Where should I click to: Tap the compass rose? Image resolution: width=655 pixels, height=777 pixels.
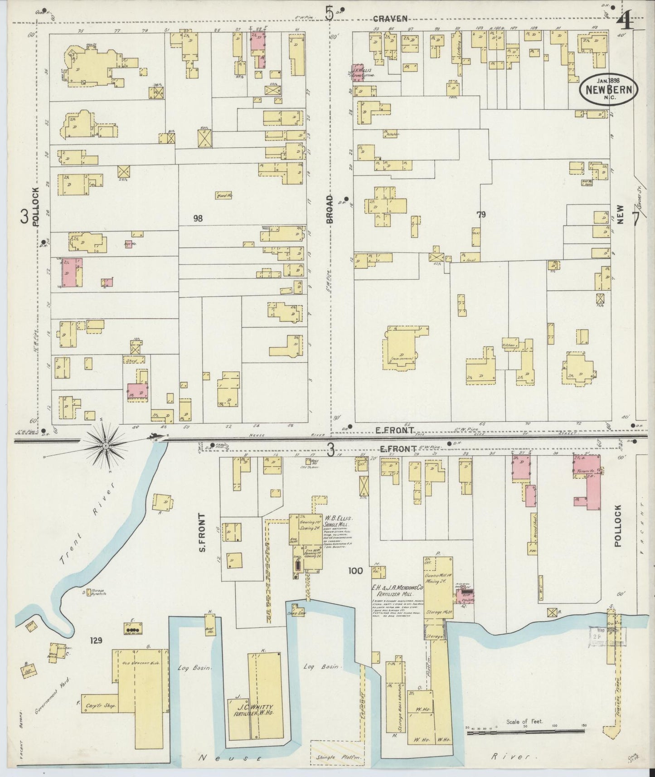(x=105, y=446)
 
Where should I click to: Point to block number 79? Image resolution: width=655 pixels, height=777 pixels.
(x=481, y=215)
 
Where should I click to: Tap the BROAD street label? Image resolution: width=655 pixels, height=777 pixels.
(x=330, y=209)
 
